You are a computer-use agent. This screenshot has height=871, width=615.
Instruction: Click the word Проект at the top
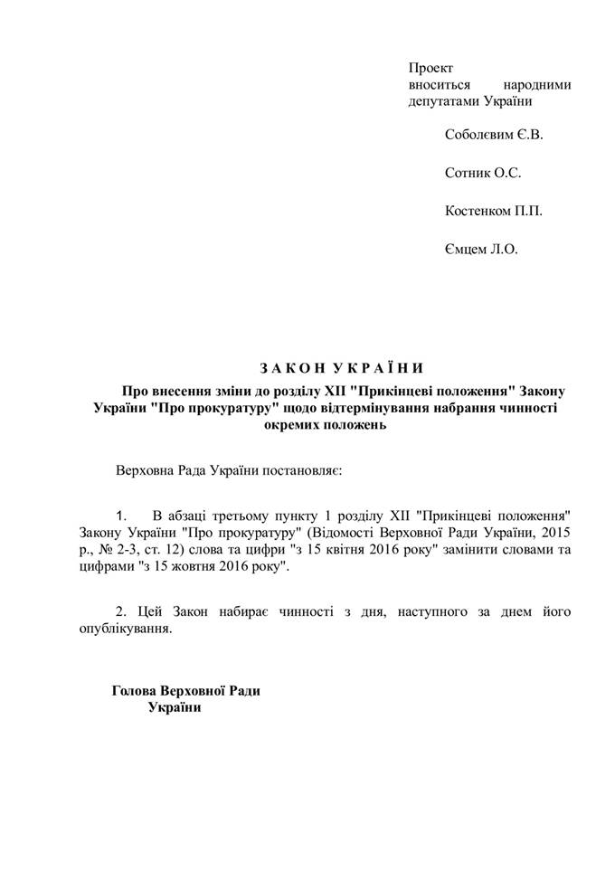[x=430, y=67]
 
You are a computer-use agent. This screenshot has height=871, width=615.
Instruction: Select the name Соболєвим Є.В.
[x=494, y=134]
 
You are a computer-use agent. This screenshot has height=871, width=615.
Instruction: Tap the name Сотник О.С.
[x=483, y=172]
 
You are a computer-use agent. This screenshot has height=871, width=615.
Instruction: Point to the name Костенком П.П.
[x=494, y=211]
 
